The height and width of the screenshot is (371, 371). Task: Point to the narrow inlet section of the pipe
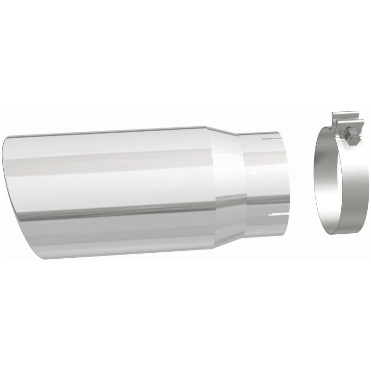pyautogui.click(x=264, y=181)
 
